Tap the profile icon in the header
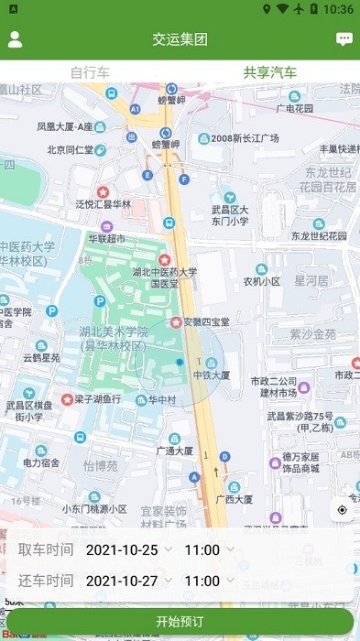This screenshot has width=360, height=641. tap(15, 39)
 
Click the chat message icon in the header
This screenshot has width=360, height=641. tap(344, 39)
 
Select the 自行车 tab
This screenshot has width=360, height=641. tap(90, 72)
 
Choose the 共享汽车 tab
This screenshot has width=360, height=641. tap(269, 72)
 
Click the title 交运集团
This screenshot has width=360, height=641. tap(180, 39)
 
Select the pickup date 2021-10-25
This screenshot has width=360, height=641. tap(122, 550)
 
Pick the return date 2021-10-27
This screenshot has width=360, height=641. tap(122, 581)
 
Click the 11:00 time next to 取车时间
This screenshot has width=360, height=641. tap(202, 550)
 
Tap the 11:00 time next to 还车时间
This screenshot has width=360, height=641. tap(202, 581)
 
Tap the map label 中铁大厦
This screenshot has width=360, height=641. tap(212, 375)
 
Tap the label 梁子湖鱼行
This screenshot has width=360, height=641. tap(97, 399)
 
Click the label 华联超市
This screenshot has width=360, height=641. tap(107, 239)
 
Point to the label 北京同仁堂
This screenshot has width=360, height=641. tap(70, 150)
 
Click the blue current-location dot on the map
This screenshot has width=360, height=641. tap(180, 363)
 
